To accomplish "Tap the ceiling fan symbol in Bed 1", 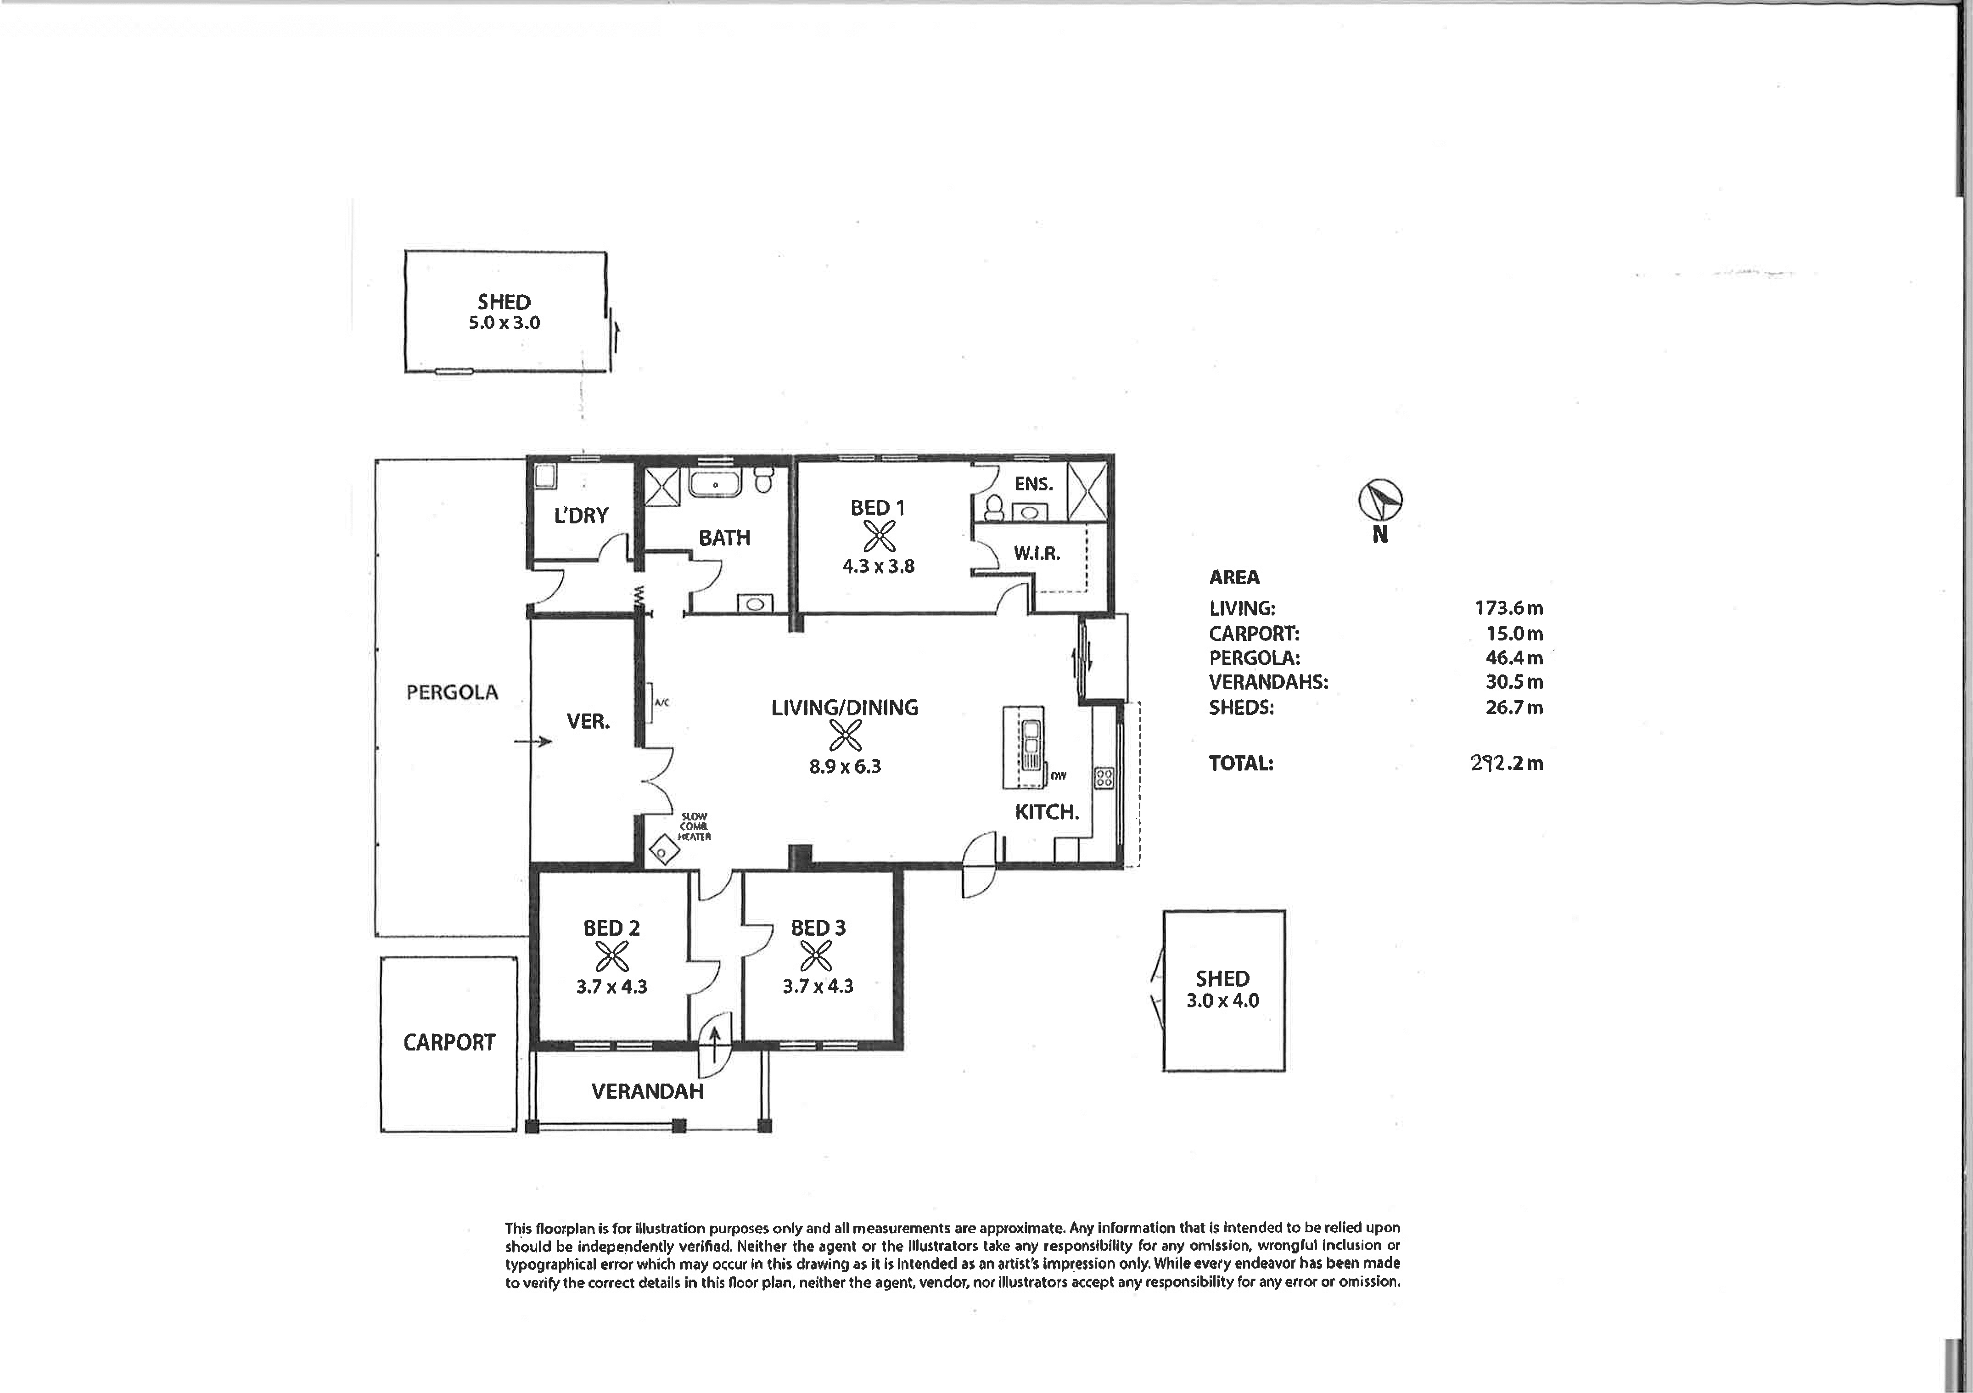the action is point(878,537).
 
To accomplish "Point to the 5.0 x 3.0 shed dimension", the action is point(504,323).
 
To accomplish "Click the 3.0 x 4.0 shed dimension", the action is point(1223,1000).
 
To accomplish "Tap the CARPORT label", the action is point(449,1042).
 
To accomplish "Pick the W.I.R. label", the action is point(1037,553).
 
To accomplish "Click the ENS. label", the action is point(1034,484).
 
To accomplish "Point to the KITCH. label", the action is point(1047,812).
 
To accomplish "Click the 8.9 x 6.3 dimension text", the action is point(845,767).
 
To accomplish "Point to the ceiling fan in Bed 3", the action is point(816,956).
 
